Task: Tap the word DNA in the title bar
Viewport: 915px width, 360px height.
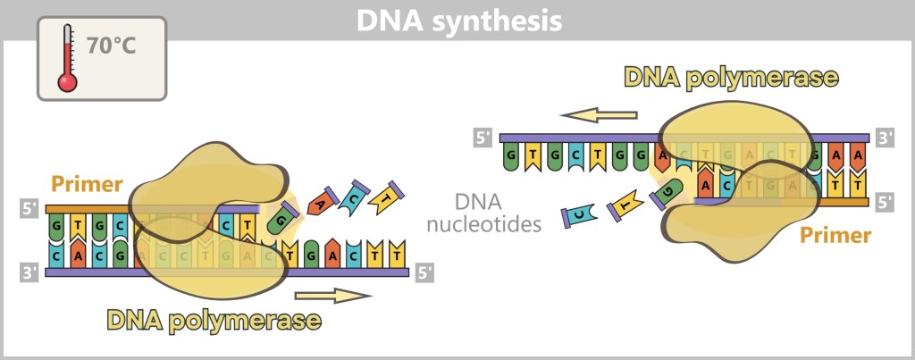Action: click(x=387, y=20)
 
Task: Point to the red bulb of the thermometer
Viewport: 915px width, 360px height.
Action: click(x=68, y=82)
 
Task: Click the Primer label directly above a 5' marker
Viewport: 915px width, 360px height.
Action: click(x=87, y=185)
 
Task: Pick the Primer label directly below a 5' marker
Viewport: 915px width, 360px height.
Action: click(x=835, y=236)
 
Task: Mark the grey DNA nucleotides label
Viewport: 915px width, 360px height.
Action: click(x=485, y=212)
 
